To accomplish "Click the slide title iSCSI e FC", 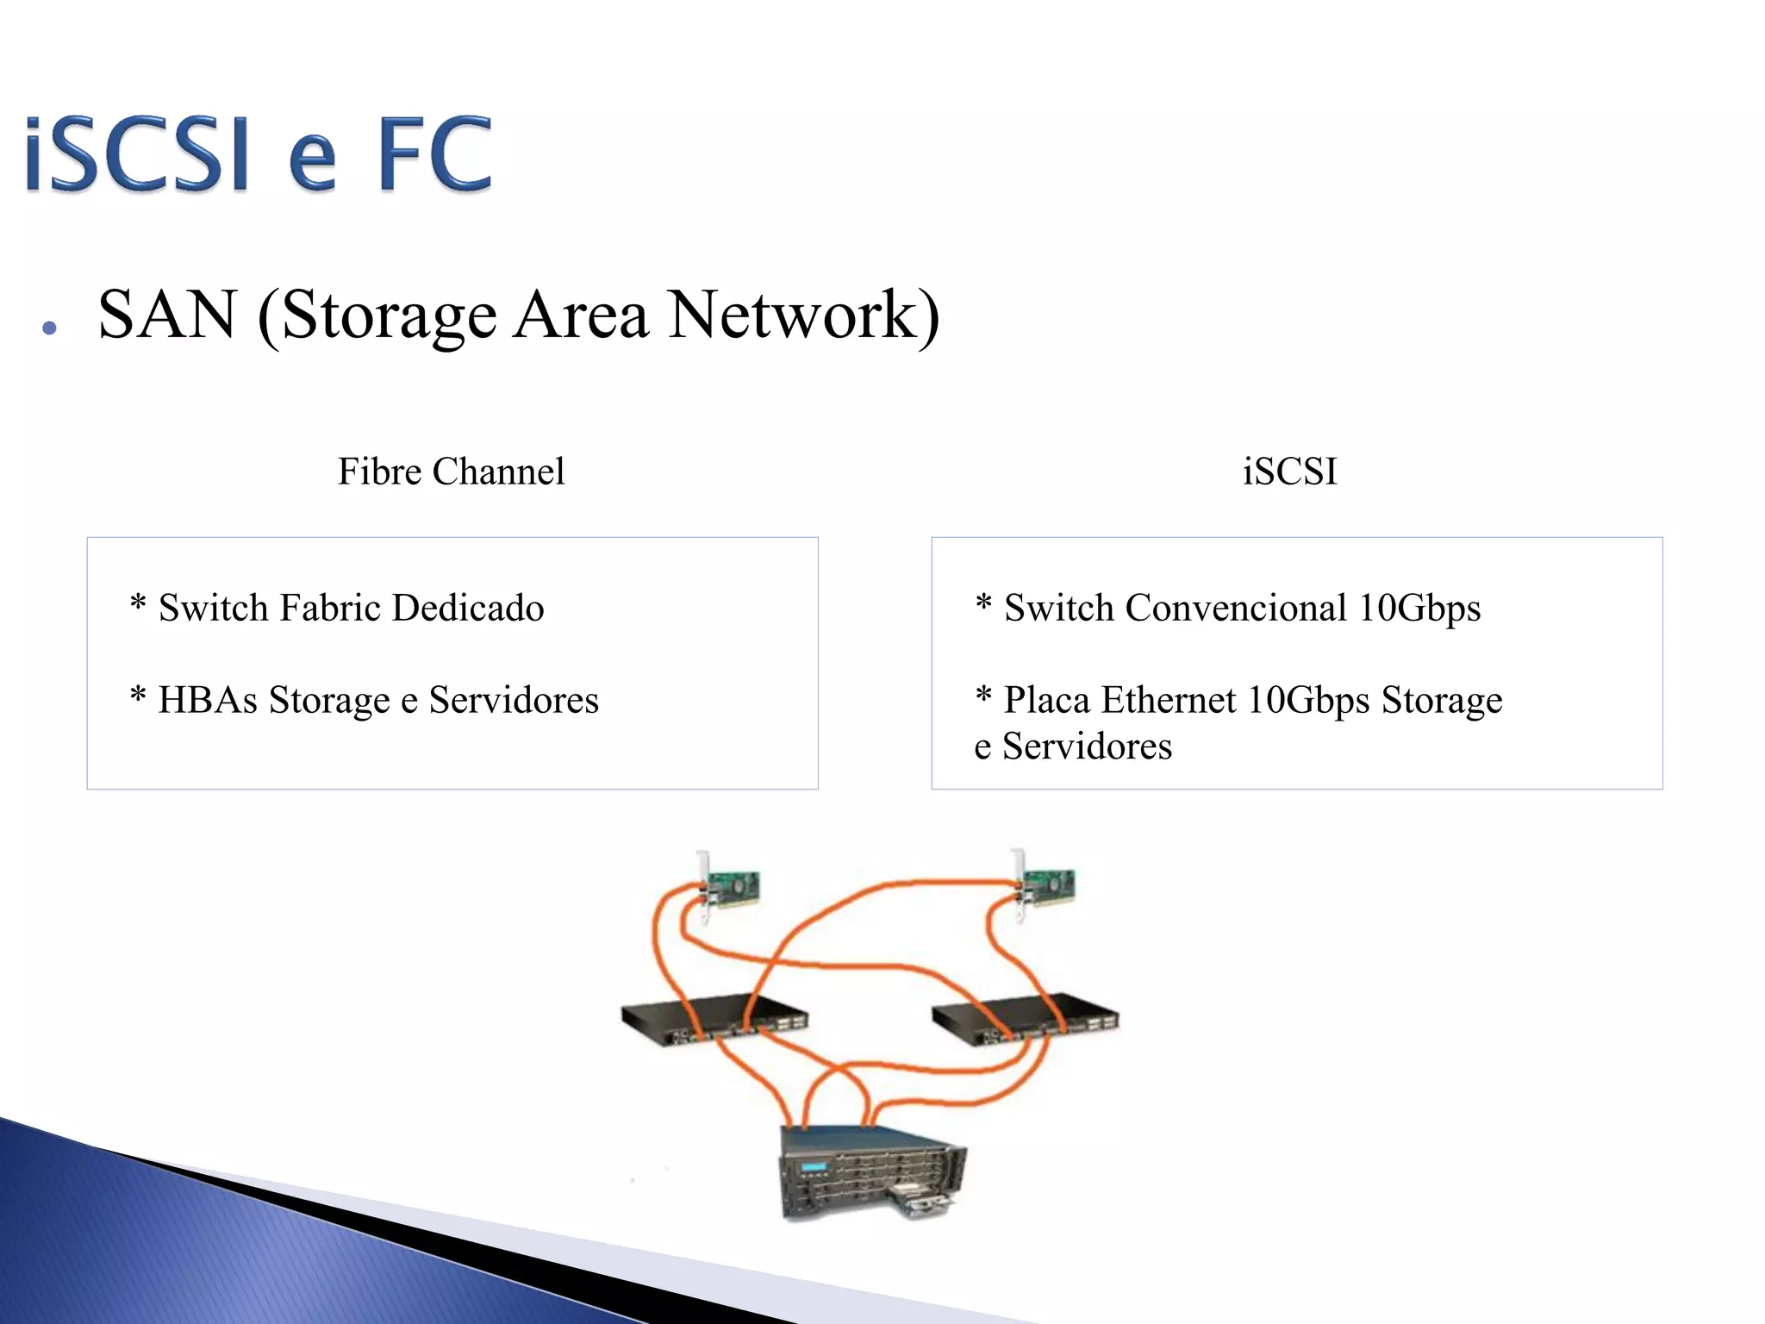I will point(259,155).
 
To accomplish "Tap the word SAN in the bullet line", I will point(167,315).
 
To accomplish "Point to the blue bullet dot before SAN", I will point(49,328).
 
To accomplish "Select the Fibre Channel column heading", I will point(451,472).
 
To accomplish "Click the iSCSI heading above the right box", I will point(1289,472).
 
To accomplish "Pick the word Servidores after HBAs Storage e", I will point(514,700).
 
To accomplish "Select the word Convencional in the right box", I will point(1236,609).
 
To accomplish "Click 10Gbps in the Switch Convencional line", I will point(1419,609).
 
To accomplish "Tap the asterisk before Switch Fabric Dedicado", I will point(138,603).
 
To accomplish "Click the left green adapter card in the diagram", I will point(731,888).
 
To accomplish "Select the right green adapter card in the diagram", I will point(1046,888).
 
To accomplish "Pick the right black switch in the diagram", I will point(1026,1019).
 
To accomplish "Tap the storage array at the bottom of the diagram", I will point(870,1172).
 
